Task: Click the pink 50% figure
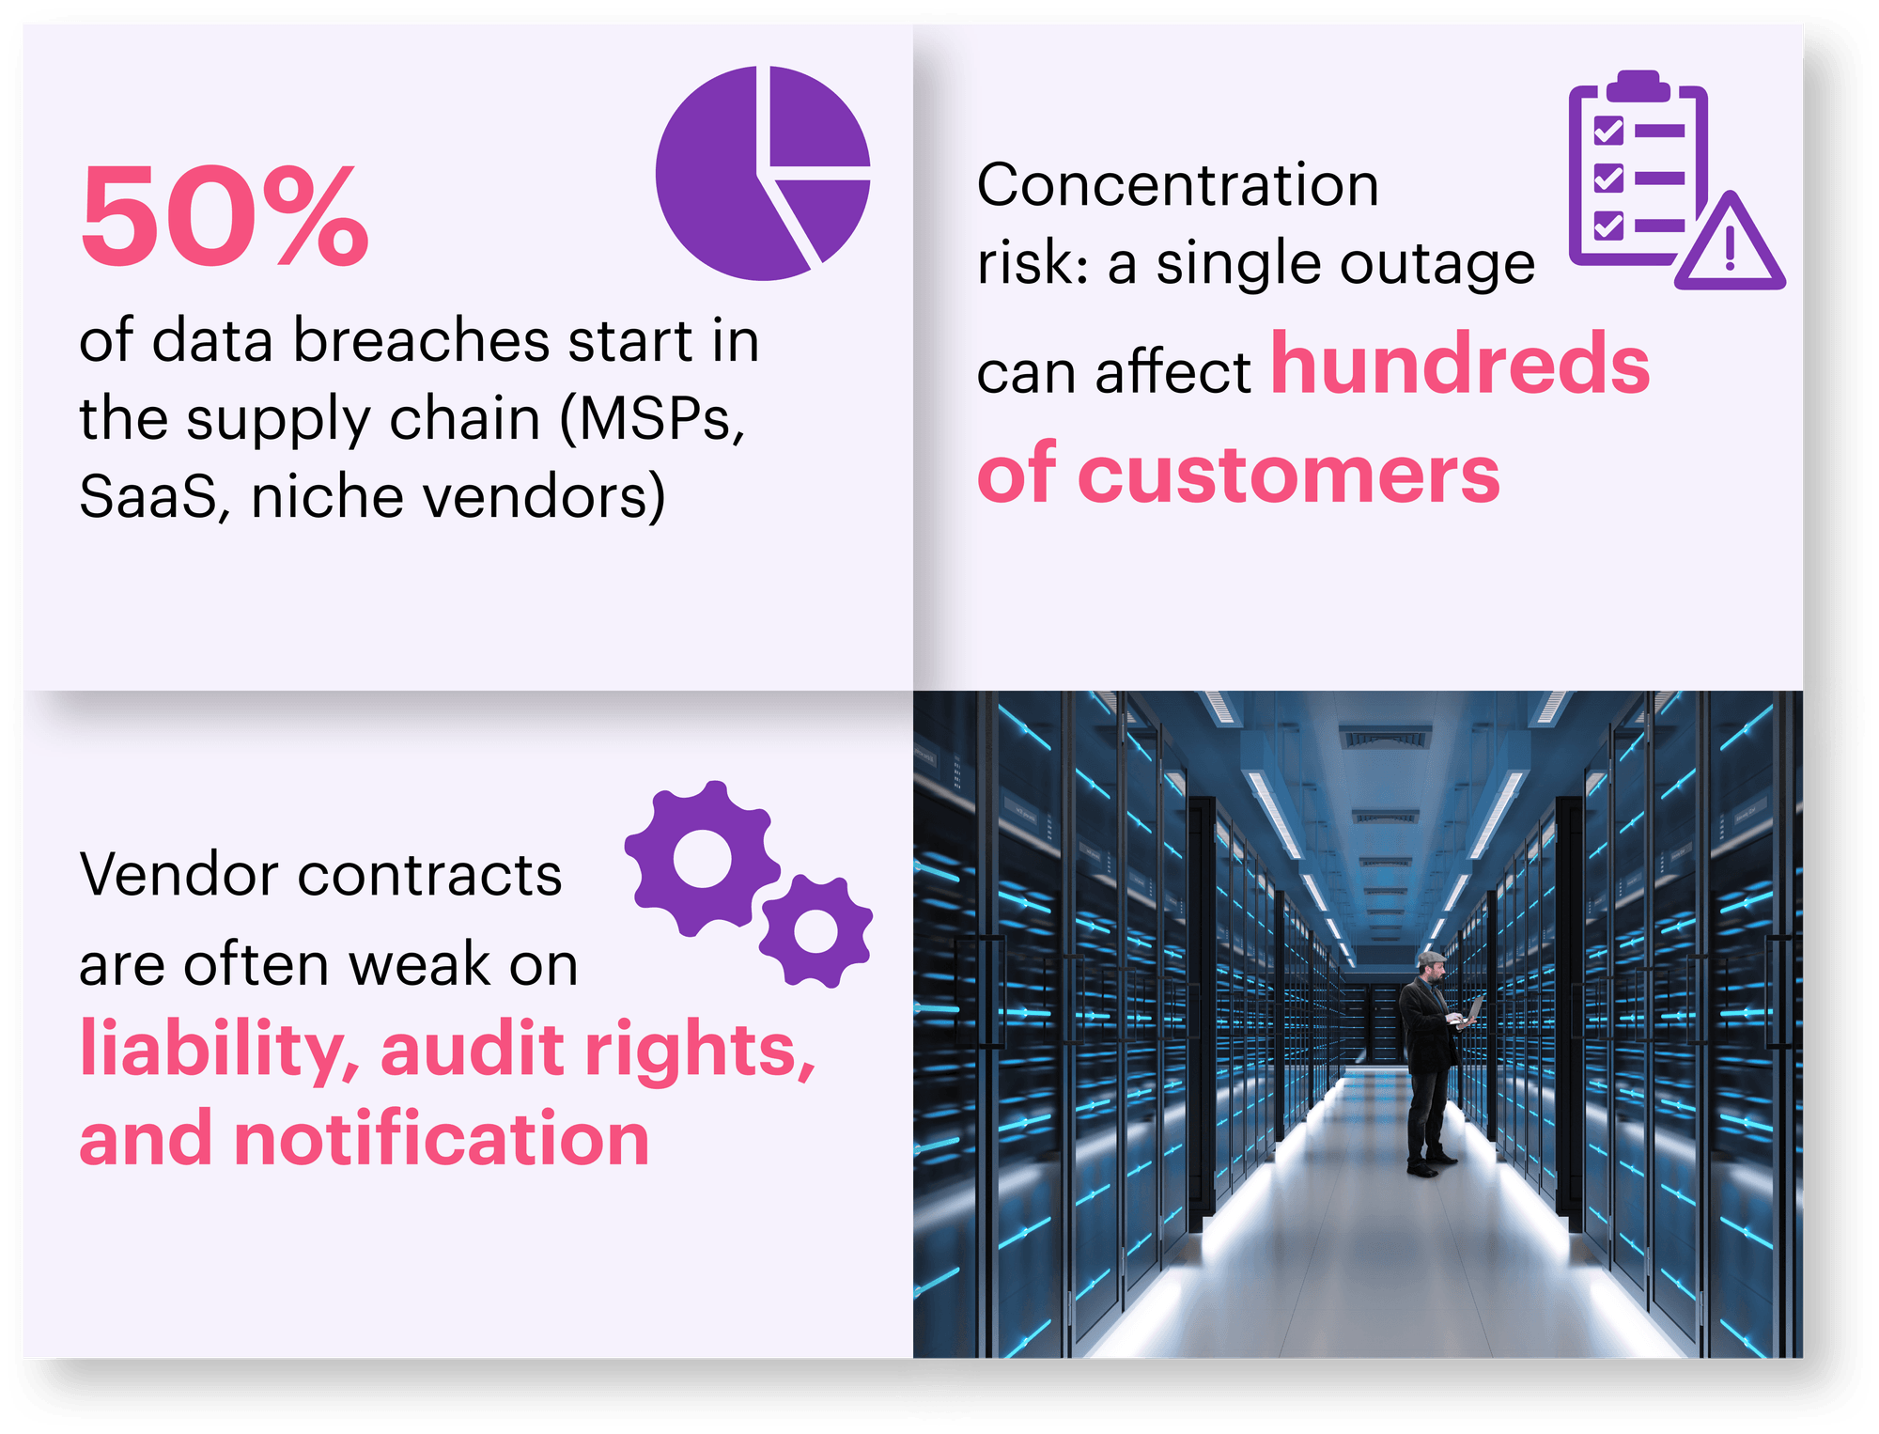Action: (x=225, y=216)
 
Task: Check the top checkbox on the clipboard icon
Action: (x=1608, y=130)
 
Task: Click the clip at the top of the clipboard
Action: (x=1639, y=85)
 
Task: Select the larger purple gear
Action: (x=703, y=858)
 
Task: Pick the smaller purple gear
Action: (x=815, y=930)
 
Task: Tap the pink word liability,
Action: (x=220, y=1051)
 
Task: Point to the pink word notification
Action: (x=442, y=1139)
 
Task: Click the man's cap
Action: (x=1432, y=958)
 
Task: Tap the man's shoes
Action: (x=1431, y=1164)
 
